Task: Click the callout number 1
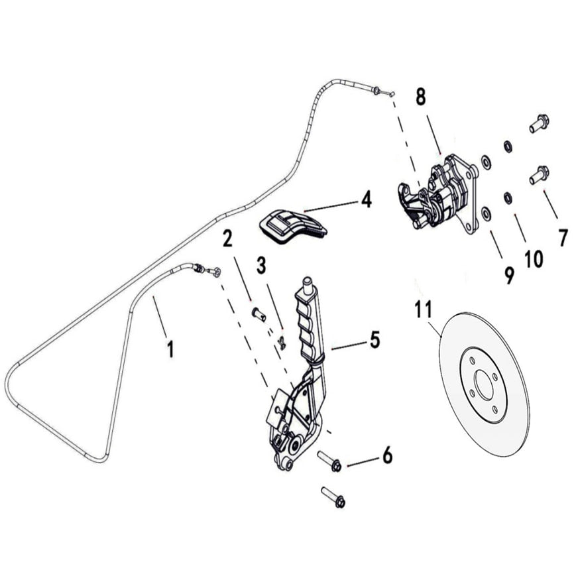[x=170, y=347]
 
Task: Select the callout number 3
[x=261, y=266]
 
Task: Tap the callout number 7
[x=563, y=236]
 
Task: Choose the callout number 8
[x=420, y=96]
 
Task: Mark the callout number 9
[x=508, y=274]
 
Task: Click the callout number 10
[x=533, y=258]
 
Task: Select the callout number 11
[x=423, y=310]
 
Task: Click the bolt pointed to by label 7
[x=538, y=175]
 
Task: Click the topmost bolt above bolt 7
[x=538, y=123]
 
